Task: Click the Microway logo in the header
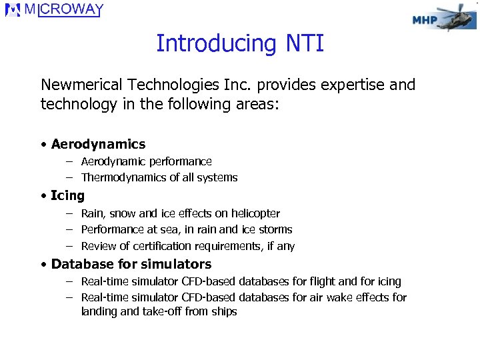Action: [55, 10]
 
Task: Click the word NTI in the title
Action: [305, 44]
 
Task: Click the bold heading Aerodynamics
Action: [98, 144]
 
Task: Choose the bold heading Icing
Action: [67, 196]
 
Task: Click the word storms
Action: [275, 229]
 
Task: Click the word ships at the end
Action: [223, 311]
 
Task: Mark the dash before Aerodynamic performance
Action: [69, 161]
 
